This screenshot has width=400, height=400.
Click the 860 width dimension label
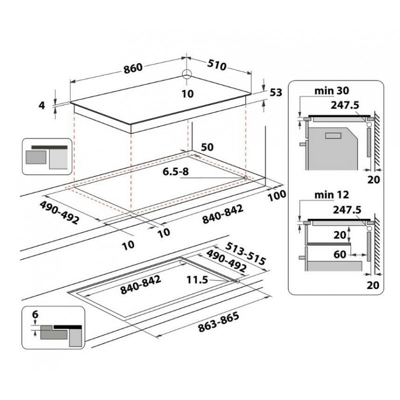coord(133,68)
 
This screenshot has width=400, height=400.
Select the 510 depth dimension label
coord(216,65)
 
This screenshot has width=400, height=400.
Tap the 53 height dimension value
coord(276,92)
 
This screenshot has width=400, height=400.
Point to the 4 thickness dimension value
coord(42,105)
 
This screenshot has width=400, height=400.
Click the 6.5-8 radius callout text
coord(176,171)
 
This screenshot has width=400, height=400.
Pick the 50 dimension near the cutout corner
coord(207,147)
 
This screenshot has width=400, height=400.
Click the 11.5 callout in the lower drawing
coord(197,280)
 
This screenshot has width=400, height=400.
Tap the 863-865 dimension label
coord(219,321)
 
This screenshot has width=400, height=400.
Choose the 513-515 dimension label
coord(246,253)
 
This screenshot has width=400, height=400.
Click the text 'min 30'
coord(331,90)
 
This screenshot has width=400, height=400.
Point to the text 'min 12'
coord(331,195)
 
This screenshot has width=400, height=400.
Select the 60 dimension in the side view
coord(340,254)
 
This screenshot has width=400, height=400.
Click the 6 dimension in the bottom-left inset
coord(35,314)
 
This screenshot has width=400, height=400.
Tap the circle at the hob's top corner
coord(187,74)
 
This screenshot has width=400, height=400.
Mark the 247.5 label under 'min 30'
coord(345,105)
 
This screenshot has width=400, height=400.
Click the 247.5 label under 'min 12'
coord(347,209)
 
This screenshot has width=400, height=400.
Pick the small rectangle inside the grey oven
coord(333,135)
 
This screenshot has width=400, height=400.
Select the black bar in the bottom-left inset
coord(67,327)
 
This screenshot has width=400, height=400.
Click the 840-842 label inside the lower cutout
coord(141,284)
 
